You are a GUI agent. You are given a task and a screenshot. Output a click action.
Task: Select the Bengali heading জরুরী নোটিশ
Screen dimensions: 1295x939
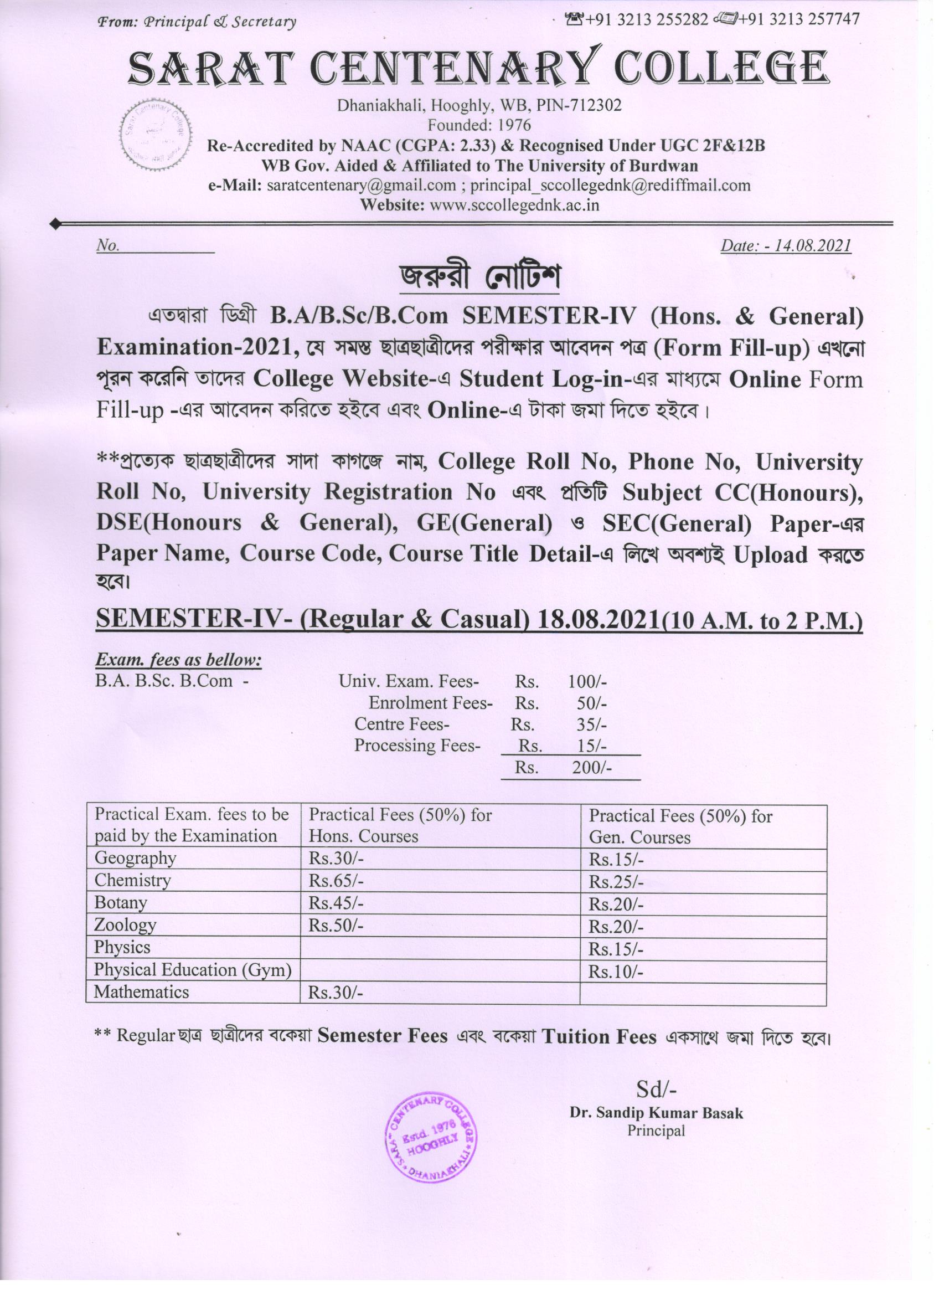[x=479, y=277]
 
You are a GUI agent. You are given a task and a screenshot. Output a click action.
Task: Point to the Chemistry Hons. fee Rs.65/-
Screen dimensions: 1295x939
[x=336, y=881]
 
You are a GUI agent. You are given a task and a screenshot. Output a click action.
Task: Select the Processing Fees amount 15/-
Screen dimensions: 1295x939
[x=591, y=746]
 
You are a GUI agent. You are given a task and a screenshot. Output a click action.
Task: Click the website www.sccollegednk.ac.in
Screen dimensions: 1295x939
[x=514, y=205]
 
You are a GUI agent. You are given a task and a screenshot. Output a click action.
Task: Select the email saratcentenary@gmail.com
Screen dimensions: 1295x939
[x=362, y=186]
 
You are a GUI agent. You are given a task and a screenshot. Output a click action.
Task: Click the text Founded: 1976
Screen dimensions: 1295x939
[x=479, y=125]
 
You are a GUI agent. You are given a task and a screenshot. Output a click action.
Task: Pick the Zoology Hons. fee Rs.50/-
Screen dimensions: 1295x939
[x=336, y=926]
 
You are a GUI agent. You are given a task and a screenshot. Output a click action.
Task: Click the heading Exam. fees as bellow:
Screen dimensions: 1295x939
[x=178, y=660]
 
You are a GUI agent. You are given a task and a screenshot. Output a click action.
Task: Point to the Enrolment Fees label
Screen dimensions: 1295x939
[x=430, y=703]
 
